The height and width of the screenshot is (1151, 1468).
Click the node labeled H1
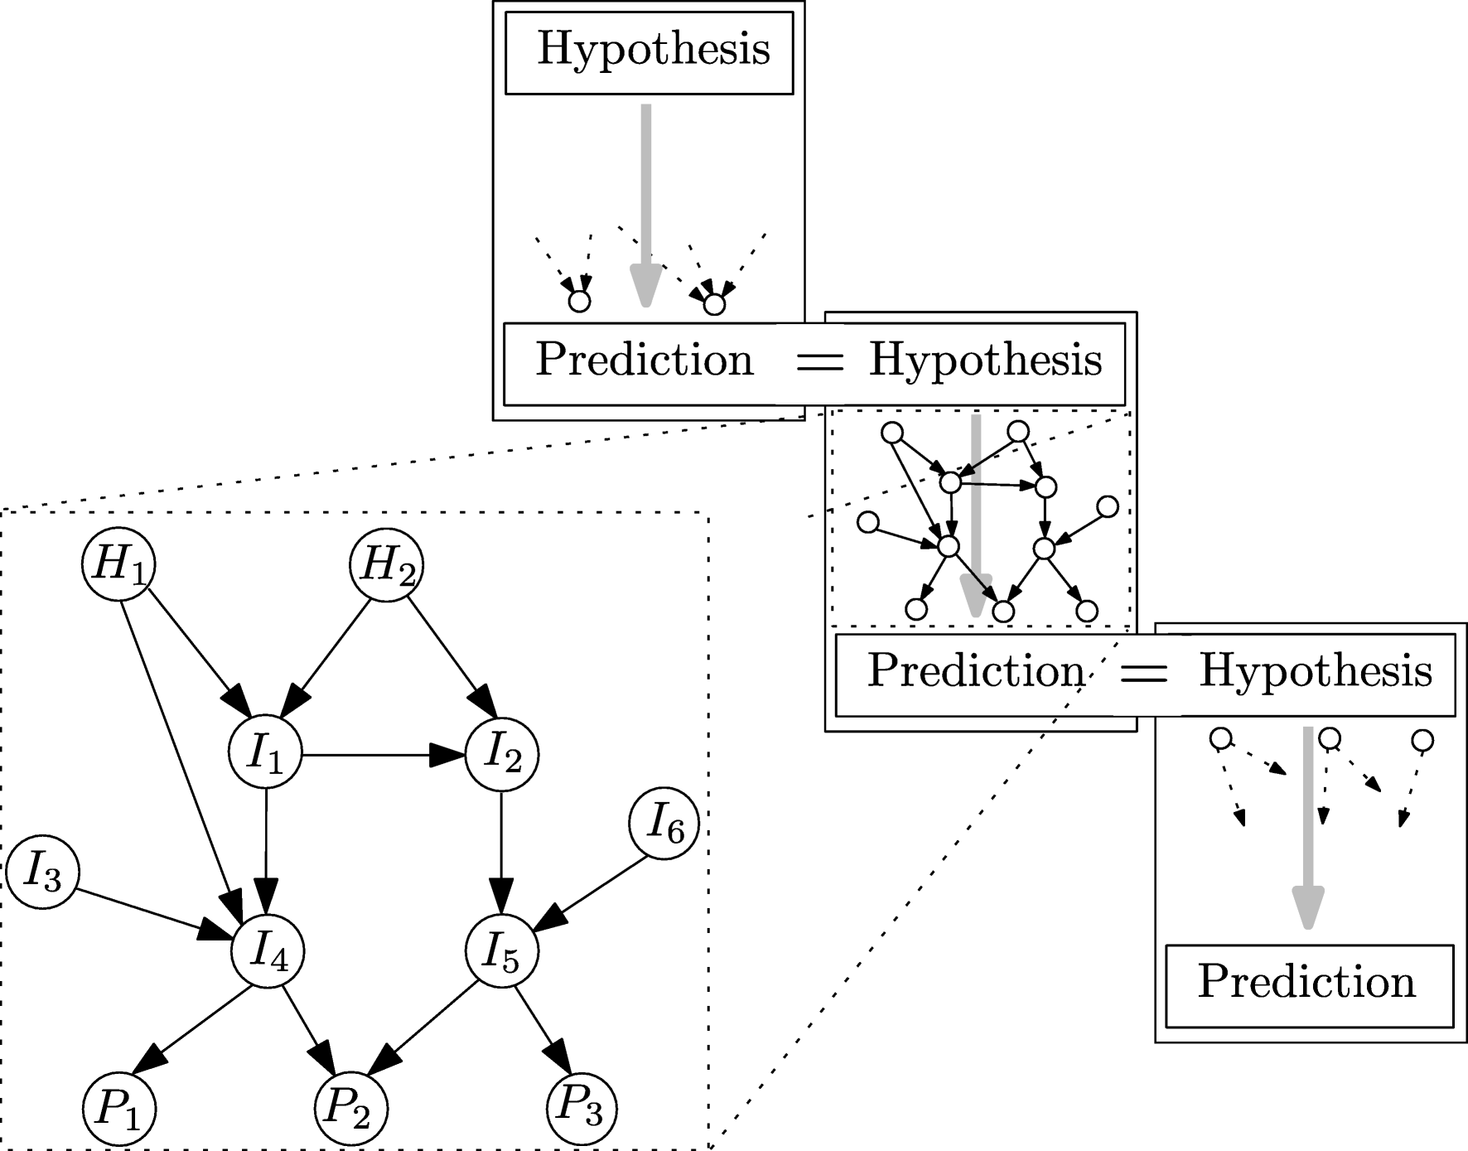[x=118, y=565]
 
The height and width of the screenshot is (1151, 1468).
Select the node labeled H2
[x=387, y=565]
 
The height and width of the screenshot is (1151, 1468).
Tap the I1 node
[x=265, y=754]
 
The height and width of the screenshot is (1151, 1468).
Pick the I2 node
[x=502, y=754]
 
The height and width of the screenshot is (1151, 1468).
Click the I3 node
[x=42, y=873]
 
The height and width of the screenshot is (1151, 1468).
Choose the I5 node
[x=502, y=951]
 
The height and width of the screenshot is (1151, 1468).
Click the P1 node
[x=119, y=1109]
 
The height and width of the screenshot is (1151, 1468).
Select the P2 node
[x=351, y=1109]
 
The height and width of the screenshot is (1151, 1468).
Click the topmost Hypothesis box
[x=649, y=51]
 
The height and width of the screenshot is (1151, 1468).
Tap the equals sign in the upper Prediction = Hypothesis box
[x=818, y=362]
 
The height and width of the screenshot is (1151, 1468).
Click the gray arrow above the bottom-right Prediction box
[x=1308, y=829]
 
